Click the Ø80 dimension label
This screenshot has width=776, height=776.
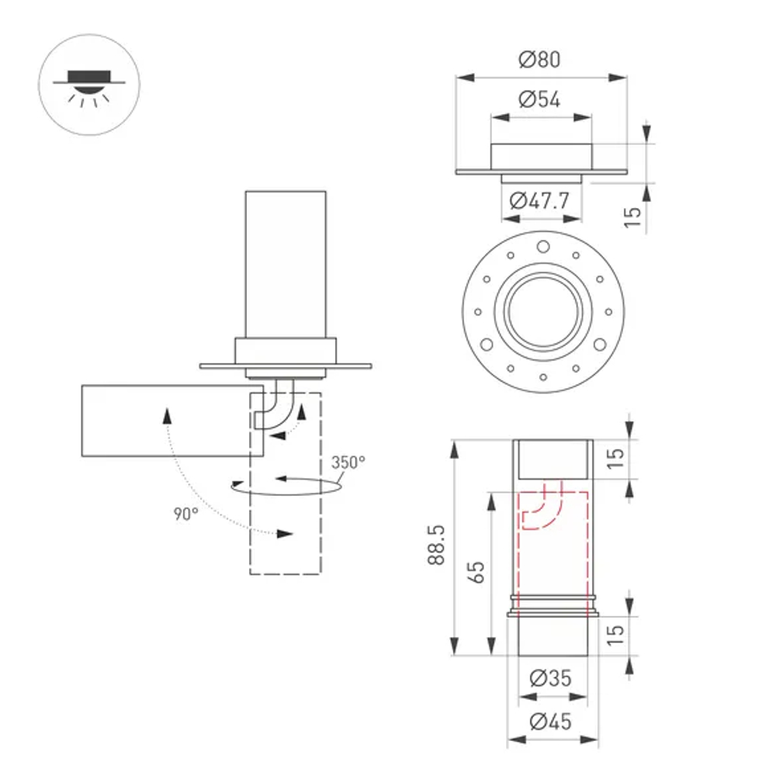(540, 59)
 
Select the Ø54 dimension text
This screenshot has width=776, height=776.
(540, 99)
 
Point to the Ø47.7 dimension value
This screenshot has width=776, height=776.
(540, 201)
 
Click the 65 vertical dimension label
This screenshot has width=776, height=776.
(477, 572)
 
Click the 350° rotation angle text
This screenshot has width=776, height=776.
(348, 462)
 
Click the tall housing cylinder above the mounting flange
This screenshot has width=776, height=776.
(286, 264)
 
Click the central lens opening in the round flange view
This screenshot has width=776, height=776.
(542, 313)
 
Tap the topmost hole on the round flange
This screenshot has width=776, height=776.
(543, 248)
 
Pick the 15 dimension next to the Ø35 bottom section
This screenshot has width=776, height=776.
(615, 633)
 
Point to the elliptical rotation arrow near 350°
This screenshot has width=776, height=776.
(289, 487)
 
